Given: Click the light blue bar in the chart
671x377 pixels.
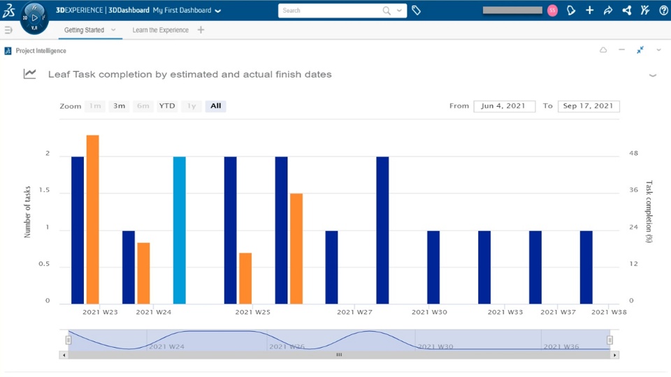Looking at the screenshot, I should [180, 230].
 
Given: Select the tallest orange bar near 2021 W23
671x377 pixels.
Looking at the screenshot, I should [92, 219].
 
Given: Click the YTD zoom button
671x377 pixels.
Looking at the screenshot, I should [167, 106].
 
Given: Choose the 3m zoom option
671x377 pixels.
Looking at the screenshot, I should [120, 106].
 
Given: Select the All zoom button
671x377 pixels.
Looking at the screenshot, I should [215, 106].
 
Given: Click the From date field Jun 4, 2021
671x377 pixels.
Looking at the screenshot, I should [504, 106].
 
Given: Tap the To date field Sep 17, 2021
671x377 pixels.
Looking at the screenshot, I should [589, 106].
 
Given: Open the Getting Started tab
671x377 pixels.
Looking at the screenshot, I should [85, 30].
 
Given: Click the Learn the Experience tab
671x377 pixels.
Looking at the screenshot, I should [160, 30].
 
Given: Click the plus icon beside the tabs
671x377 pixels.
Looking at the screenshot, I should [201, 30].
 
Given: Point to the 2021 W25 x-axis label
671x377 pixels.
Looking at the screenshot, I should [253, 312].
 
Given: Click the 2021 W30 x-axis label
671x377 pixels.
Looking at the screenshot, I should [430, 312].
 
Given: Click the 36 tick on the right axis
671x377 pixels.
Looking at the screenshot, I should [633, 191].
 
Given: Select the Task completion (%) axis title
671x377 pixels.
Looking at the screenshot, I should [649, 212].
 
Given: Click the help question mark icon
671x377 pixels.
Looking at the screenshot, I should [663, 10].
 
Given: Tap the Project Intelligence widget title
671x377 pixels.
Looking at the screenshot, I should [41, 51].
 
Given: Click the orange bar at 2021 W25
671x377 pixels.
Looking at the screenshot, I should [245, 278].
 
